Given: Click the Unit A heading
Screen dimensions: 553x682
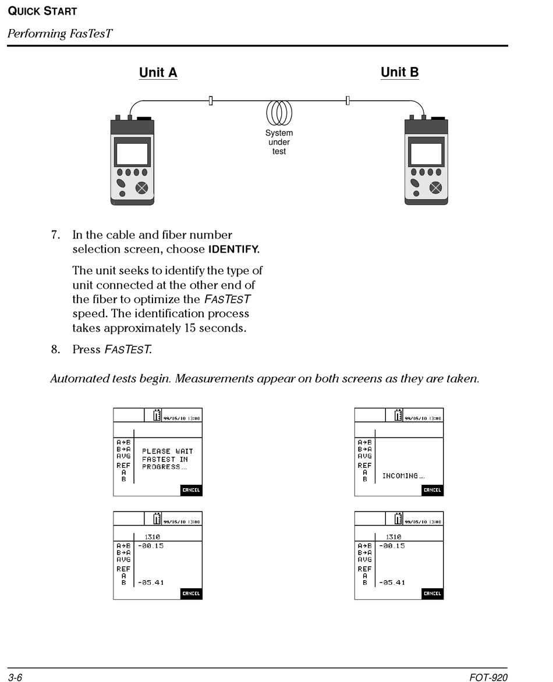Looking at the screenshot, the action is coord(158,73).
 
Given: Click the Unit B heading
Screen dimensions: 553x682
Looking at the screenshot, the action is coord(399,72).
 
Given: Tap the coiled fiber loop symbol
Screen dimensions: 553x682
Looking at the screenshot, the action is coord(279,112).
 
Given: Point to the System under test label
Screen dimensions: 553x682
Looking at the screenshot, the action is coord(279,142).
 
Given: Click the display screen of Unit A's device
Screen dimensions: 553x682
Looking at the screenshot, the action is coord(132,154).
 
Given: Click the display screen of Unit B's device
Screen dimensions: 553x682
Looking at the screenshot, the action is coord(426,154).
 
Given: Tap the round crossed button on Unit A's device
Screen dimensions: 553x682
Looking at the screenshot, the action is coord(141,188).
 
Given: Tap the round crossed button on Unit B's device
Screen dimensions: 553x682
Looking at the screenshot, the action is coord(435,188).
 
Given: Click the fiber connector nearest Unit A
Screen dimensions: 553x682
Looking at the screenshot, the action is coord(211,101).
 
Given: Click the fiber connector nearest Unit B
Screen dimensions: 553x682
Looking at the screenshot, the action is coord(348,101).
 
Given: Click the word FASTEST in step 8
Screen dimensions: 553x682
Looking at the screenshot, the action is coord(127,350).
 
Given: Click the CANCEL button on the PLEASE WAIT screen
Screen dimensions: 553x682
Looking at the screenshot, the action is coord(191,490).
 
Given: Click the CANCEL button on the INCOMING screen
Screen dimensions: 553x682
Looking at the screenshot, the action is coord(433,490).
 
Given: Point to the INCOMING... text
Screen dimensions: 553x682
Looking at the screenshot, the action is coord(403,476).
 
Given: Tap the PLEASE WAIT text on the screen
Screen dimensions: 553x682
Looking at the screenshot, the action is coord(168,452).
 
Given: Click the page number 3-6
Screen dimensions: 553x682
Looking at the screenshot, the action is coord(15,677).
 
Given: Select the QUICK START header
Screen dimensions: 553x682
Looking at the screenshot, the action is coord(42,11).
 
